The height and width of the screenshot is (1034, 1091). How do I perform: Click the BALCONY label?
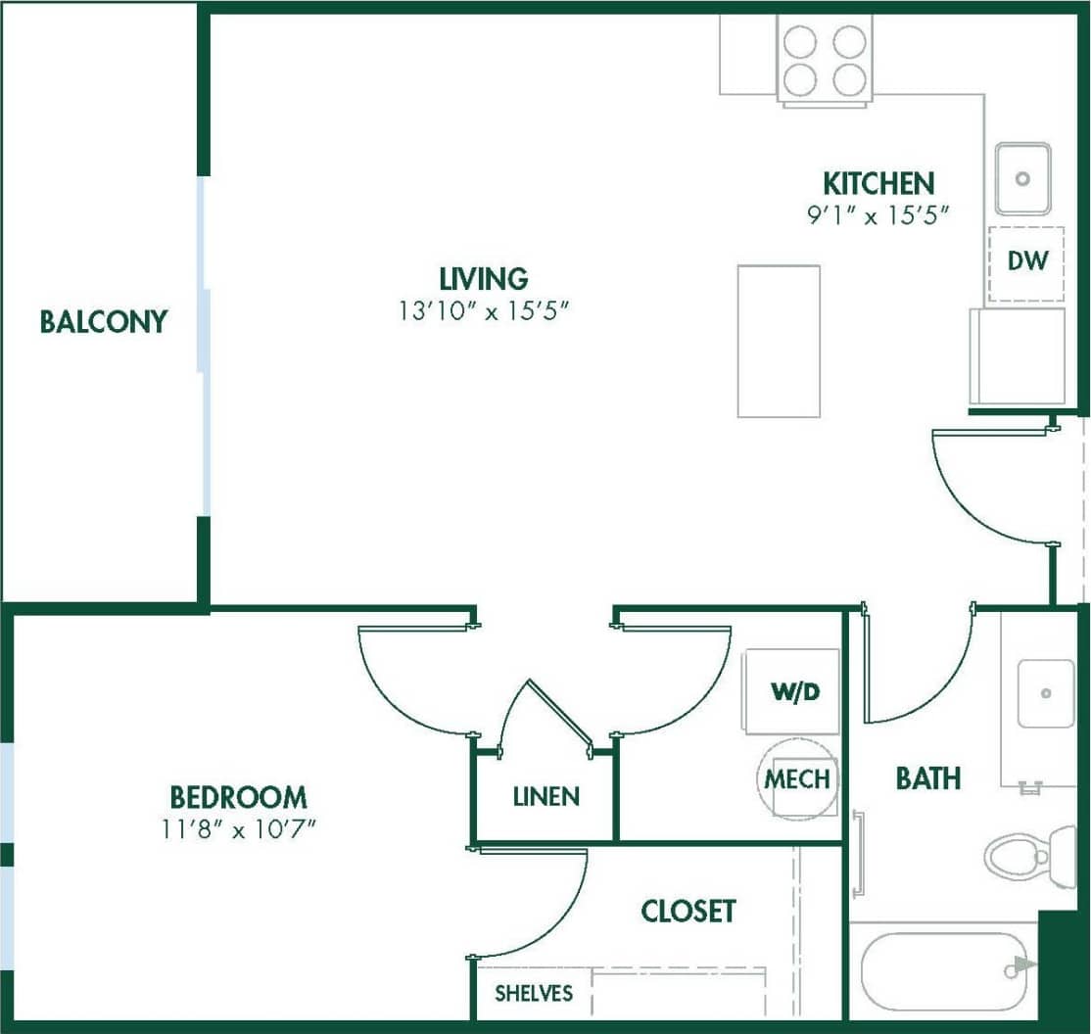pos(103,321)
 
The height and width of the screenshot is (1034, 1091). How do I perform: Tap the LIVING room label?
pos(483,278)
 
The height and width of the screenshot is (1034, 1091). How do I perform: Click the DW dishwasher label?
pos(1027,261)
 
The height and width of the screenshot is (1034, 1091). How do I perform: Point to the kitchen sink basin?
pos(1023,178)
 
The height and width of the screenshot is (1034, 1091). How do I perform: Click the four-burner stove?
pos(825,58)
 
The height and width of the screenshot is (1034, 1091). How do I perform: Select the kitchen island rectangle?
pos(779,341)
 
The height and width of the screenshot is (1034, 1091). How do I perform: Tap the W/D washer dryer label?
pos(793,692)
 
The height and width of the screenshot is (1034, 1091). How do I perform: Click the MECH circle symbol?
pos(798,779)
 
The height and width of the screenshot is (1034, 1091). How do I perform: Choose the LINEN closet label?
pos(545,797)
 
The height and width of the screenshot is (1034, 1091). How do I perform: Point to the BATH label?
pos(927,778)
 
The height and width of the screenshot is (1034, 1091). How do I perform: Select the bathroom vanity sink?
pos(1046,693)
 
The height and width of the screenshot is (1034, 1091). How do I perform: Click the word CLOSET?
pos(688,911)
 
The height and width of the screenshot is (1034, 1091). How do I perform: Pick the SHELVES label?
pos(533,994)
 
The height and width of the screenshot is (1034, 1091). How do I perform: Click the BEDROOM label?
pos(238,796)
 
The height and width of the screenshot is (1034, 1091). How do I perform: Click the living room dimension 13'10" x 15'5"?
pos(483,311)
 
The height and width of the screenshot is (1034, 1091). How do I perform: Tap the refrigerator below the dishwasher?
pos(1017,356)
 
